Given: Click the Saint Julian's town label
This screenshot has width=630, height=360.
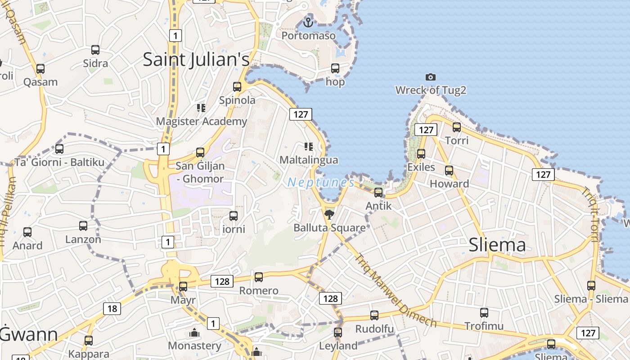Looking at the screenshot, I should click(196, 59).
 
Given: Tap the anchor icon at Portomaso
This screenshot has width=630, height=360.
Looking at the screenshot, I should click(308, 22).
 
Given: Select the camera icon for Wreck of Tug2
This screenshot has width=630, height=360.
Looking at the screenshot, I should click(431, 77).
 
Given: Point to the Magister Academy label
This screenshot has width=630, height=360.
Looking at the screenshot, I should click(202, 121).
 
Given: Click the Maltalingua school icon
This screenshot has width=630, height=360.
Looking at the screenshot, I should click(308, 146).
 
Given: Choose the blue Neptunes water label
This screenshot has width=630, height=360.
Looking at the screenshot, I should click(321, 182).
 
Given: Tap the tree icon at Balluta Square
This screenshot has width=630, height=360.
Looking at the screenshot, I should click(329, 214).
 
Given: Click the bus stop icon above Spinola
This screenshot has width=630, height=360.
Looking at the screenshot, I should click(237, 86).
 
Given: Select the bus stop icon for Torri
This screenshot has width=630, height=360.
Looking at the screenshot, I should click(457, 127).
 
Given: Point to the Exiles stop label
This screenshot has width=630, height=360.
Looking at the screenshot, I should click(421, 167).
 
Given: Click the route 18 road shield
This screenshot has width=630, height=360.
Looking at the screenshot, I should click(112, 308).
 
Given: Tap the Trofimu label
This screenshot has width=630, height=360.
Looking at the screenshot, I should click(484, 326).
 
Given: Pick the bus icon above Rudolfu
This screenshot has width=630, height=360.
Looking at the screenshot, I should click(374, 315).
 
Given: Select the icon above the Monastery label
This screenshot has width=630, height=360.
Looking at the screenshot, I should click(194, 333).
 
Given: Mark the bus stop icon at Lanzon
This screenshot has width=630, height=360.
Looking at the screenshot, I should click(83, 226).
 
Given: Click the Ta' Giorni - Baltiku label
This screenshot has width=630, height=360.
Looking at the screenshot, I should click(59, 162).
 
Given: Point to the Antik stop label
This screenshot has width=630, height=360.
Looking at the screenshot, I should click(379, 206).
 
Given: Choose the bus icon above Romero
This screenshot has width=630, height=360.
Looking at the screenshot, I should click(259, 277).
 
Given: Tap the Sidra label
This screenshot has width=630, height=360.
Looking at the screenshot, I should click(95, 63).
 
